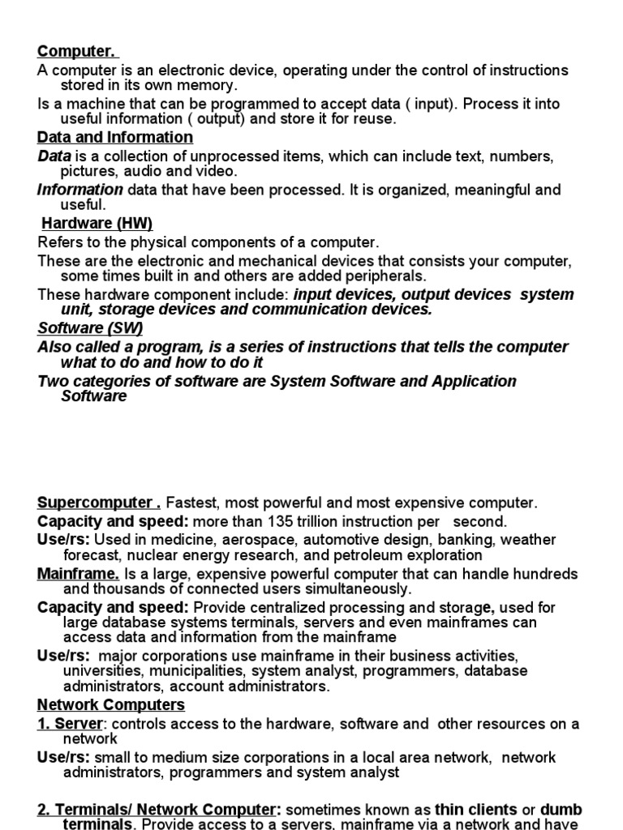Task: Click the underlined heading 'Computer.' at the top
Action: pos(78,53)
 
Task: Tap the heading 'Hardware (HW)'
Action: pos(97,223)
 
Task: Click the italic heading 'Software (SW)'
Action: pos(90,328)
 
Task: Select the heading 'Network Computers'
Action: pos(111,705)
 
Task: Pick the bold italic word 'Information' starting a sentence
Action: pos(80,190)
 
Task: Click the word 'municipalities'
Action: pos(195,671)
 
